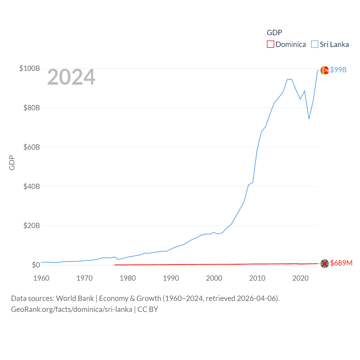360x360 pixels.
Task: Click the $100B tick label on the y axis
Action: (x=30, y=68)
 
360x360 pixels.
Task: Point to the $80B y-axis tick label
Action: (x=31, y=108)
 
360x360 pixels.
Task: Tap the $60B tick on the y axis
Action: (x=31, y=147)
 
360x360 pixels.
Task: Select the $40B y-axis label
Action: (x=31, y=186)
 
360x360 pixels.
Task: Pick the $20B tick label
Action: (x=31, y=226)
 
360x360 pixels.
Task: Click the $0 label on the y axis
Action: (x=36, y=265)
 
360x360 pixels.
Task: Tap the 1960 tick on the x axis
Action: (x=41, y=278)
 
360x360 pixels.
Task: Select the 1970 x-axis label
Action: (x=84, y=278)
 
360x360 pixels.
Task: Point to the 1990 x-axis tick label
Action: (x=171, y=278)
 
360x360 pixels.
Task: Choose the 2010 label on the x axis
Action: (x=257, y=278)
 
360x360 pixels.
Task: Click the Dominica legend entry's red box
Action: (x=270, y=44)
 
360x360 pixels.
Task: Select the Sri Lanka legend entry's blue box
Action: (x=314, y=44)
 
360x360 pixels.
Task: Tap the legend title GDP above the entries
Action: (x=274, y=33)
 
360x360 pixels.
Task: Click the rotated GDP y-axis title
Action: (x=12, y=163)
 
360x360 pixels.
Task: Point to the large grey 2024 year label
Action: (x=71, y=77)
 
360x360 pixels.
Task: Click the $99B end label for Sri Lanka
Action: (x=338, y=70)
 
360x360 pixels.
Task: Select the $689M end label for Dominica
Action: (x=341, y=263)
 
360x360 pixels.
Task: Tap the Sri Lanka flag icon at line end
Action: (x=325, y=70)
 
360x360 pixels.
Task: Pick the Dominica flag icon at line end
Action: (x=325, y=264)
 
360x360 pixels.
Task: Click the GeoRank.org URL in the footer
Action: (x=71, y=309)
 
